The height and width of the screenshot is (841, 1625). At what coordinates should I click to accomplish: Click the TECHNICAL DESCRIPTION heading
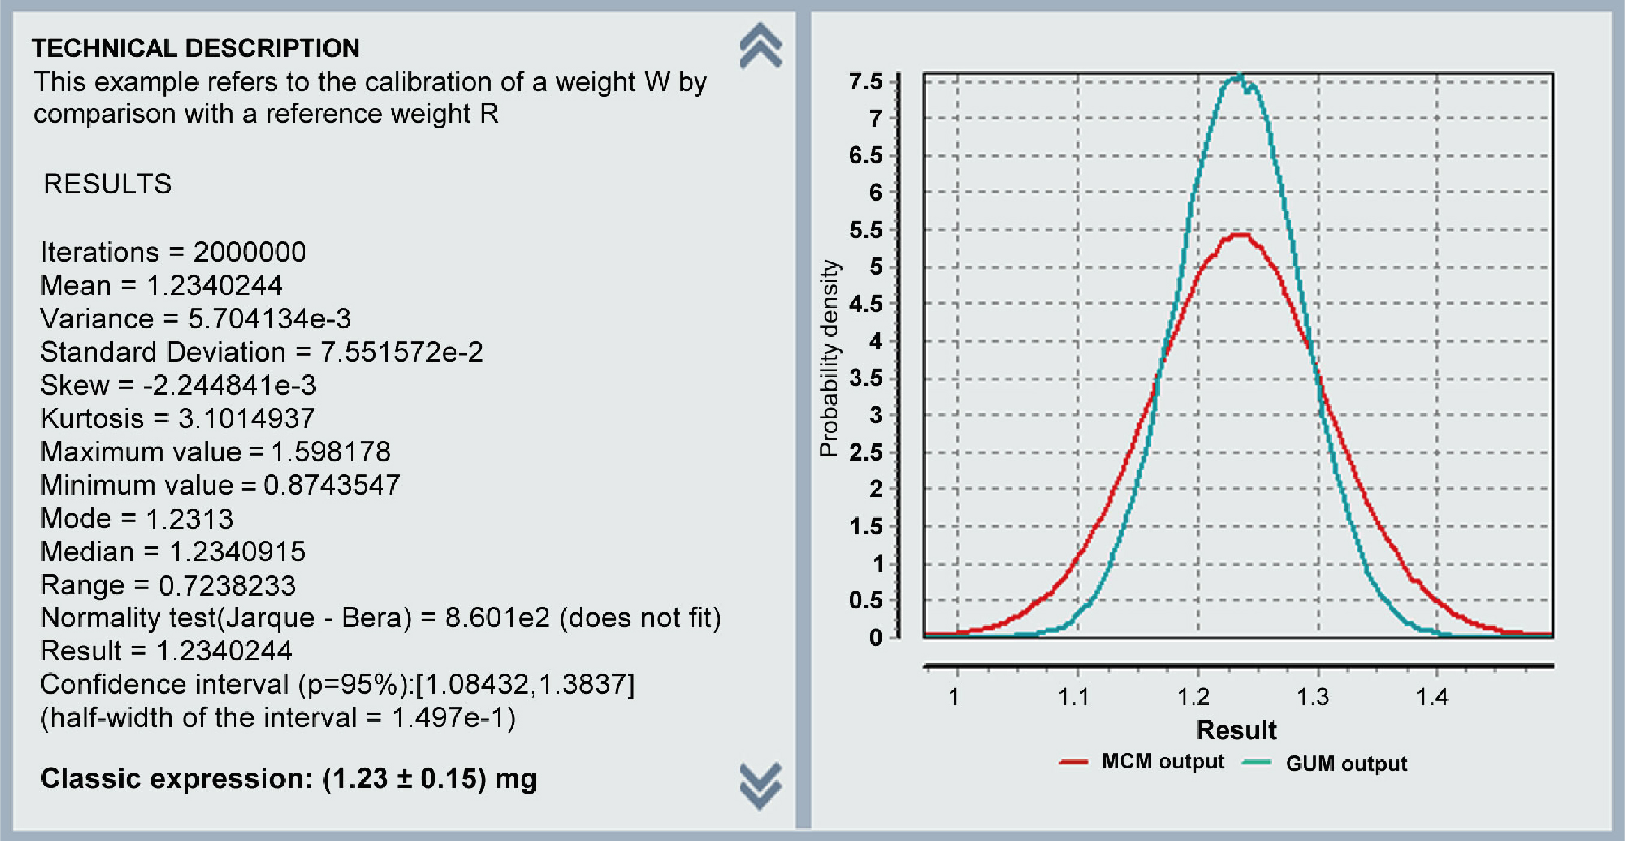[x=196, y=48]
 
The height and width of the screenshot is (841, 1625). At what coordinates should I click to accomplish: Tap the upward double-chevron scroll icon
[x=761, y=46]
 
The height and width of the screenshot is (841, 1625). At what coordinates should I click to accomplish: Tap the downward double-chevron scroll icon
[x=761, y=786]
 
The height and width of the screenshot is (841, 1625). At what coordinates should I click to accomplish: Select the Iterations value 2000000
[x=250, y=253]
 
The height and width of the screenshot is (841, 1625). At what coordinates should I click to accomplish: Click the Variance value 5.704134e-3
[x=269, y=319]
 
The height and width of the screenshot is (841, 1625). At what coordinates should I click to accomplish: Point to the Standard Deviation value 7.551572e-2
[x=402, y=352]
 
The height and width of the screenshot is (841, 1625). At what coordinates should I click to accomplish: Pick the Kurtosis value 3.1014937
[x=246, y=419]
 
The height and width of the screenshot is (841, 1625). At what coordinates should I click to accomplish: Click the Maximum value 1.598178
[x=331, y=452]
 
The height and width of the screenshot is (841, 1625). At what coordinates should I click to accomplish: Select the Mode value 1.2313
[x=190, y=519]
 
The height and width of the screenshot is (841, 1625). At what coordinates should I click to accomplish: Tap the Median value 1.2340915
[x=238, y=552]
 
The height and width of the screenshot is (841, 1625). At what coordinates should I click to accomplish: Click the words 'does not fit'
[x=641, y=618]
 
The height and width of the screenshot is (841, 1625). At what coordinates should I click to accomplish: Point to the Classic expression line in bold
[x=289, y=779]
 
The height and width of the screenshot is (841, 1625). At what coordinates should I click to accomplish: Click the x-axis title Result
[x=1236, y=730]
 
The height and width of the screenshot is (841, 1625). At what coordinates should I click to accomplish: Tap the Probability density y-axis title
[x=829, y=358]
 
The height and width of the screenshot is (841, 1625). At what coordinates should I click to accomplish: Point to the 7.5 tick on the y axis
[x=866, y=82]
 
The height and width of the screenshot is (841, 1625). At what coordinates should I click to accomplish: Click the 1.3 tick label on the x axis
[x=1313, y=697]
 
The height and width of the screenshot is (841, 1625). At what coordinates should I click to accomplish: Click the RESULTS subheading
[x=107, y=184]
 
